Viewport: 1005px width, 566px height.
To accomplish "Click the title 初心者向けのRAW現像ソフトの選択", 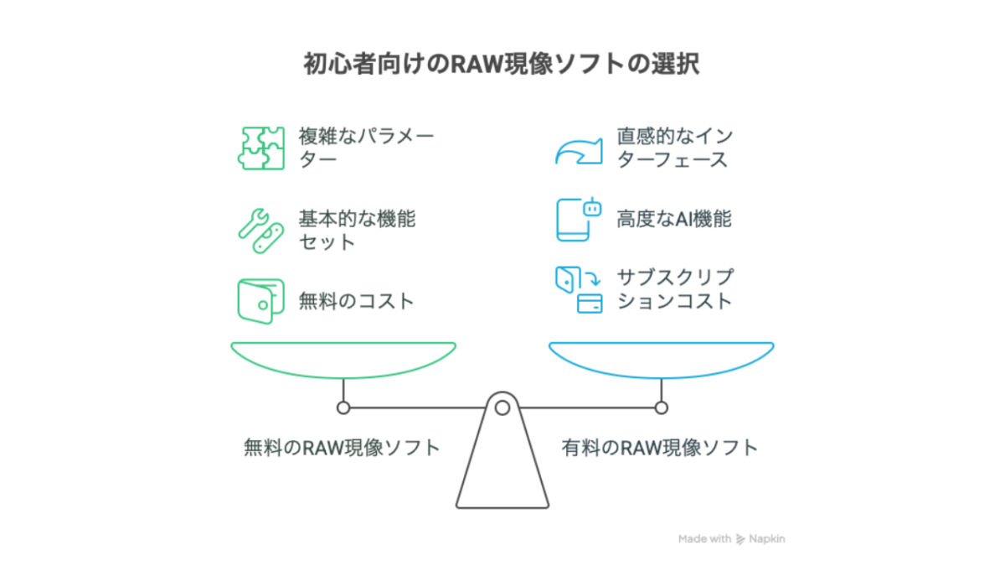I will point(502,65).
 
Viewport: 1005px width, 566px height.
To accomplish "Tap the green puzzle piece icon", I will point(261,148).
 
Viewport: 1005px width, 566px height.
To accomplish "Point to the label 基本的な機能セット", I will point(357,231).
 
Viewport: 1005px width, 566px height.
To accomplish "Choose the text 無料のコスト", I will point(357,301).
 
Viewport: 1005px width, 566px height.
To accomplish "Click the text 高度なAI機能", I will point(674,220).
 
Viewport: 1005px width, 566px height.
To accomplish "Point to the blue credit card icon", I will point(590,303).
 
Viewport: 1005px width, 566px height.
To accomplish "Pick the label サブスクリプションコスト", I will point(675,289).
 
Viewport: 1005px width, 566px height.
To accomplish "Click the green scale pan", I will point(343,358).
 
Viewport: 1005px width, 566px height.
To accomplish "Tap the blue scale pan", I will point(662,358).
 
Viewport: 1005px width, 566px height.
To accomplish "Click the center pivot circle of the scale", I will point(502,408).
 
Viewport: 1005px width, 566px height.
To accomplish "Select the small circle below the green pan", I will point(343,408).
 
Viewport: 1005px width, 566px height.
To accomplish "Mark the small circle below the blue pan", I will point(662,408).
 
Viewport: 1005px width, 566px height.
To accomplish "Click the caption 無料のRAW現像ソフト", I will point(342,448).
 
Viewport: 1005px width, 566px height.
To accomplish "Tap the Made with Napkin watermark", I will point(731,539).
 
